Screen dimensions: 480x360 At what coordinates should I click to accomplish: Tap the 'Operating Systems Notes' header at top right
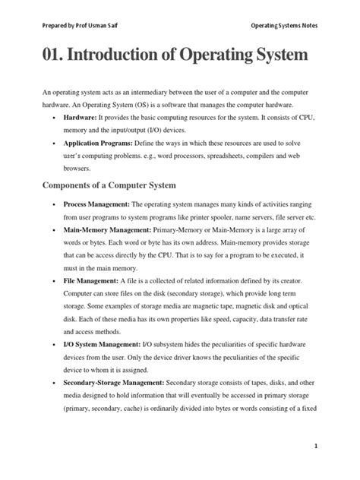284,25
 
